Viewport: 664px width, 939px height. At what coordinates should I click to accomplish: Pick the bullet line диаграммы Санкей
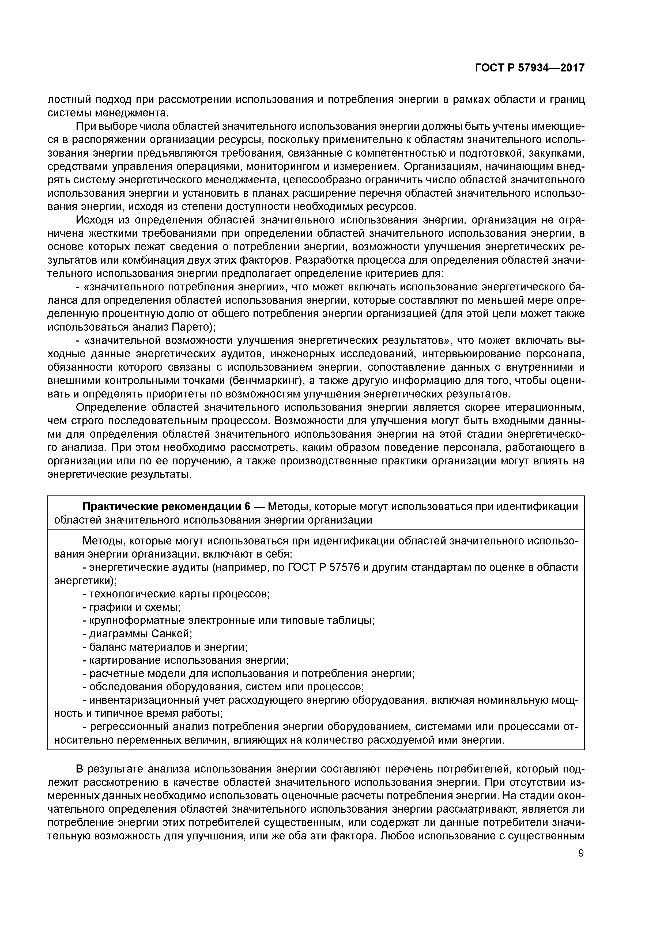137,634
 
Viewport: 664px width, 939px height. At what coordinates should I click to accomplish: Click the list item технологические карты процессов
176,594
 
